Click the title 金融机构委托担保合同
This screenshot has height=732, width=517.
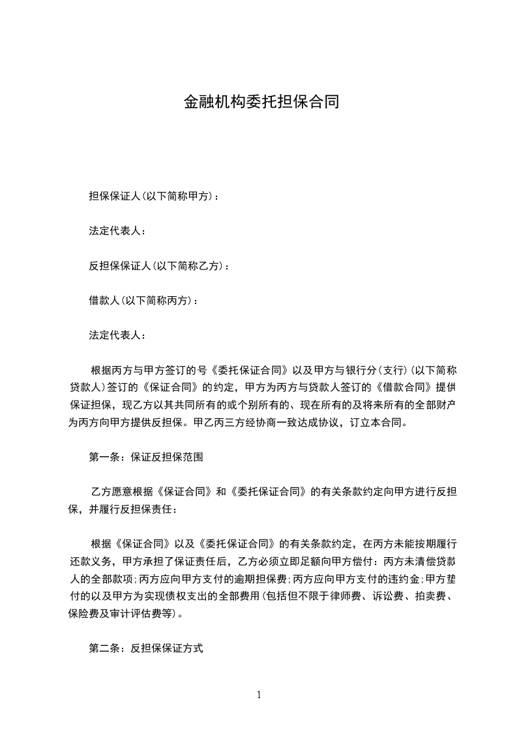click(x=260, y=102)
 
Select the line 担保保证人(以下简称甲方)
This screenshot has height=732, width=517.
click(x=154, y=196)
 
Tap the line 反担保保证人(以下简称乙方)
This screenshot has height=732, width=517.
click(x=158, y=266)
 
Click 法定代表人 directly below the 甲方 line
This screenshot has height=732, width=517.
click(x=117, y=231)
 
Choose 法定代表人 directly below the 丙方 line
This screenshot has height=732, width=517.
click(x=117, y=336)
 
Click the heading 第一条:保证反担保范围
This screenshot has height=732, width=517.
click(x=146, y=457)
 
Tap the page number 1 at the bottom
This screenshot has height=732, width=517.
click(x=259, y=695)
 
